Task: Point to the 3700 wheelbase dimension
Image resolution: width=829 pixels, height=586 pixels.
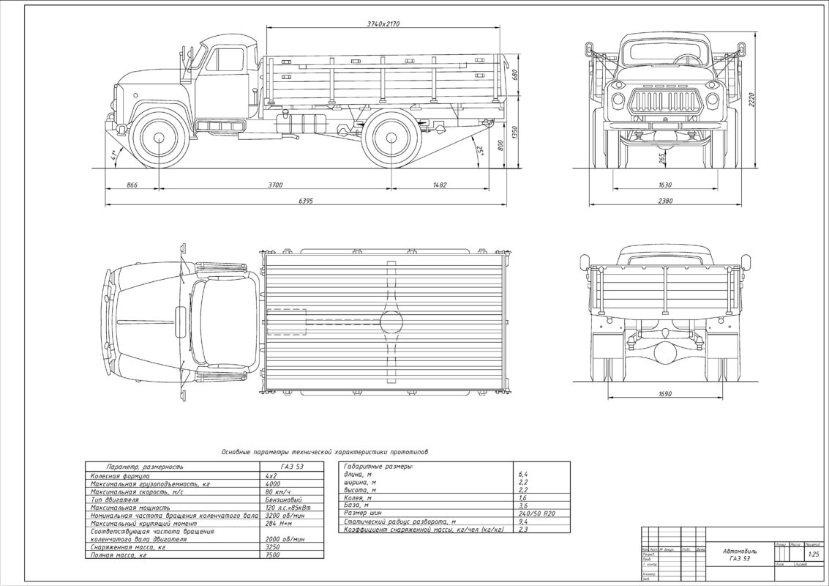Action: (x=275, y=185)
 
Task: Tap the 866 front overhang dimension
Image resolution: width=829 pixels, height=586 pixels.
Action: (x=132, y=185)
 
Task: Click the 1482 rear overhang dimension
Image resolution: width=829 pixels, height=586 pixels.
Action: (x=440, y=185)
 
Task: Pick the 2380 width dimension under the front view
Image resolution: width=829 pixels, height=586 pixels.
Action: (x=664, y=200)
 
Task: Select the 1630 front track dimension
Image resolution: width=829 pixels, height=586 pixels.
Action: (x=665, y=185)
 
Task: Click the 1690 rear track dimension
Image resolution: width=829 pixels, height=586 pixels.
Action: (x=665, y=394)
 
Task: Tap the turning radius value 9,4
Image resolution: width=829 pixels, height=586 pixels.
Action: (x=522, y=522)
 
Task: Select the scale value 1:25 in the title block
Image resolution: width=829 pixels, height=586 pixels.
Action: (x=813, y=554)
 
